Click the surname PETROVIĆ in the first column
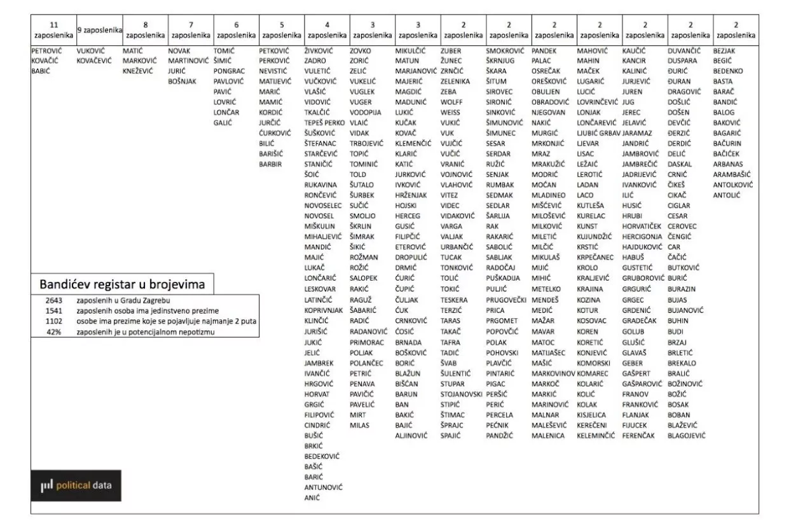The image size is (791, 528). pos(46,50)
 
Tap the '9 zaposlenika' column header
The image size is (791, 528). pos(99,30)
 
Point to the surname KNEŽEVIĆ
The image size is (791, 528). pos(138,71)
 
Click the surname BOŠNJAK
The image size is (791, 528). pos(182,81)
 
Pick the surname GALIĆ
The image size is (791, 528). pos(223,123)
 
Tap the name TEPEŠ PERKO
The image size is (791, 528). pos(324,122)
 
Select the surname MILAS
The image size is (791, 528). pos(359,425)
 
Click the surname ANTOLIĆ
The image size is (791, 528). pos(727,195)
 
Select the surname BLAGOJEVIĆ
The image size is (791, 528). pos(687,436)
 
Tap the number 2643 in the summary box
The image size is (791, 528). pos(53,300)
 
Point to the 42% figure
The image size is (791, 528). pos(53,331)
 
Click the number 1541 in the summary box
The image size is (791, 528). pos(53,310)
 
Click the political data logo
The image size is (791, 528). pos(76,485)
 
